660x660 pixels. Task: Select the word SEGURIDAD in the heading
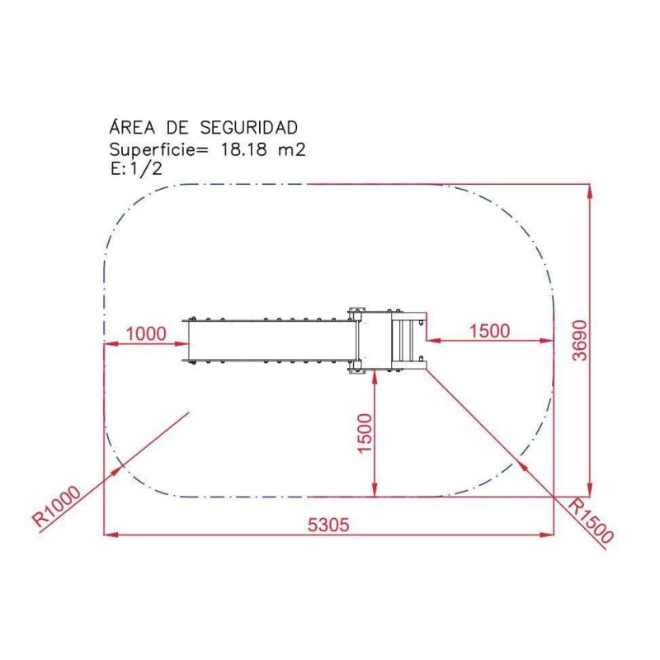tap(248, 128)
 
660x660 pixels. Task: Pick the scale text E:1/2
tap(136, 169)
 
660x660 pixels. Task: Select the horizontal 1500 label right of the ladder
tap(489, 331)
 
